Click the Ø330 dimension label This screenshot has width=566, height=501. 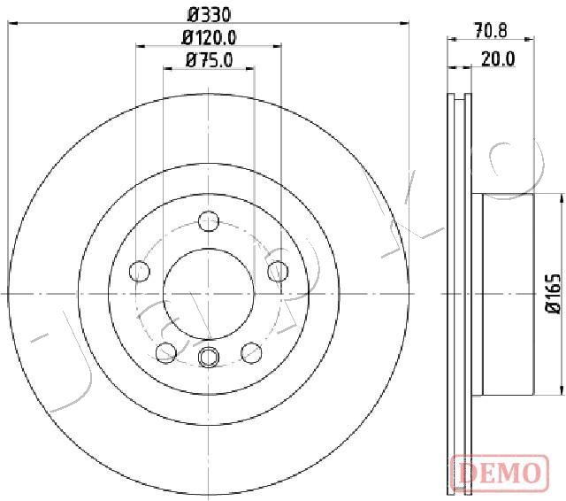pyautogui.click(x=209, y=15)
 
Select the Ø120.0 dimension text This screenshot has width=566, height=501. pyautogui.click(x=209, y=37)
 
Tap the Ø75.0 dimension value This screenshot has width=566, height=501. pyautogui.click(x=209, y=60)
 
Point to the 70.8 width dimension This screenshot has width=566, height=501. pyautogui.click(x=491, y=30)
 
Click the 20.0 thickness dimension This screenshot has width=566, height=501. pyautogui.click(x=498, y=59)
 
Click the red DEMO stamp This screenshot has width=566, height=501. pyautogui.click(x=501, y=472)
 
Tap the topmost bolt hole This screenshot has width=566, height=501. pyautogui.click(x=209, y=221)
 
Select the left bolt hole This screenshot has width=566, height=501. pyautogui.click(x=140, y=271)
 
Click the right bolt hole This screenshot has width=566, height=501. pyautogui.click(x=278, y=271)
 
